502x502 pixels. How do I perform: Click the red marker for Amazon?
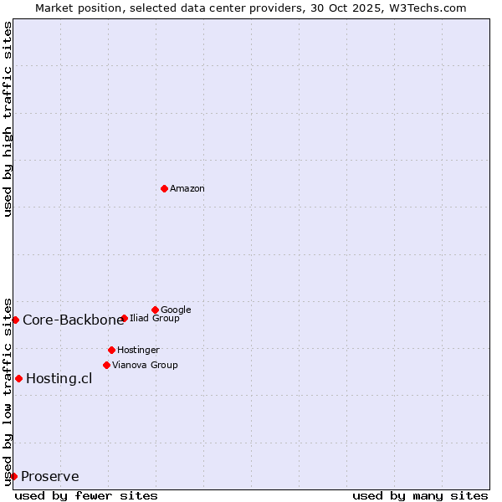pyautogui.click(x=164, y=188)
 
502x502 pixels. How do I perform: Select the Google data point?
pyautogui.click(x=155, y=310)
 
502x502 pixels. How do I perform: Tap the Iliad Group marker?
pyautogui.click(x=124, y=318)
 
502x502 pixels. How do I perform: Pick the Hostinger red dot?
pyautogui.click(x=111, y=350)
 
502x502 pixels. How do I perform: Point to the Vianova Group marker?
pyautogui.click(x=106, y=365)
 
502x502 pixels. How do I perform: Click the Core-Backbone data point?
pyautogui.click(x=15, y=320)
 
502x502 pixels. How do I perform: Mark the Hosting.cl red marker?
pyautogui.click(x=18, y=378)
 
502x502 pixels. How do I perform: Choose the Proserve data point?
pyautogui.click(x=13, y=476)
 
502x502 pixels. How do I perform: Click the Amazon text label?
pyautogui.click(x=187, y=189)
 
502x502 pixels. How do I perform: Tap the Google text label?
pyautogui.click(x=176, y=310)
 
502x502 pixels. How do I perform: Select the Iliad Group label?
pyautogui.click(x=155, y=318)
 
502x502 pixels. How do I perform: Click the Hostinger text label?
pyautogui.click(x=138, y=350)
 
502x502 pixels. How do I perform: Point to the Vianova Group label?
pyautogui.click(x=145, y=365)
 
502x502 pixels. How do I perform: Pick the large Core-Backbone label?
pyautogui.click(x=73, y=320)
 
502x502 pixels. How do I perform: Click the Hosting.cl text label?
pyautogui.click(x=59, y=378)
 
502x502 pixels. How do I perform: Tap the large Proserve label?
pyautogui.click(x=50, y=477)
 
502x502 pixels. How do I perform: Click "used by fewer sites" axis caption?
pyautogui.click(x=86, y=495)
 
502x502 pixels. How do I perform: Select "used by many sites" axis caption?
pyautogui.click(x=420, y=495)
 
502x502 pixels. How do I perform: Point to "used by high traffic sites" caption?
pyautogui.click(x=8, y=119)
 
